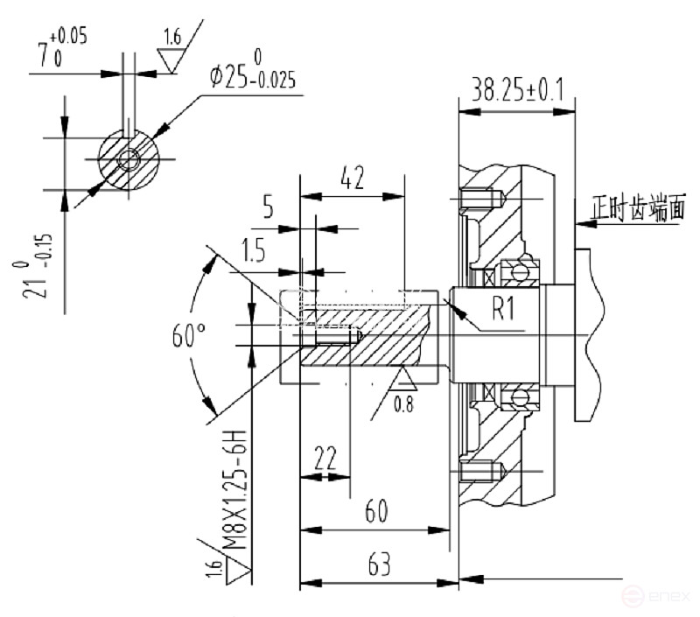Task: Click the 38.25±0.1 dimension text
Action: coord(516,89)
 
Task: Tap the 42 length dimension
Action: coord(352,178)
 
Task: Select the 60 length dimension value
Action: coord(376,510)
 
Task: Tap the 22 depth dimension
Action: coord(325,459)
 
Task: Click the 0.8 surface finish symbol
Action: coord(402,392)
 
